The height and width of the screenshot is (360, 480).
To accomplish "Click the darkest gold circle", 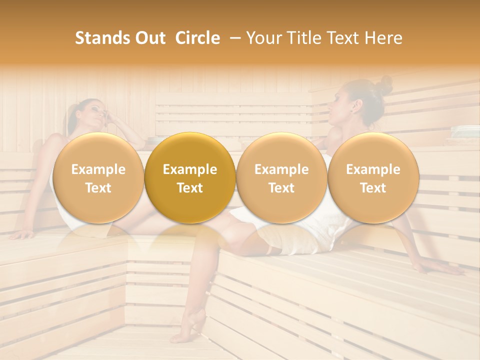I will click(190, 178).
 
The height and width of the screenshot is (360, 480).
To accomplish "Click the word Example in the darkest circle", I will click(190, 169).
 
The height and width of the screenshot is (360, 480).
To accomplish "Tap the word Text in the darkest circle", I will click(190, 188).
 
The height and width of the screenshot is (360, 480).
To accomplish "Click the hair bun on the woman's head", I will click(384, 84).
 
